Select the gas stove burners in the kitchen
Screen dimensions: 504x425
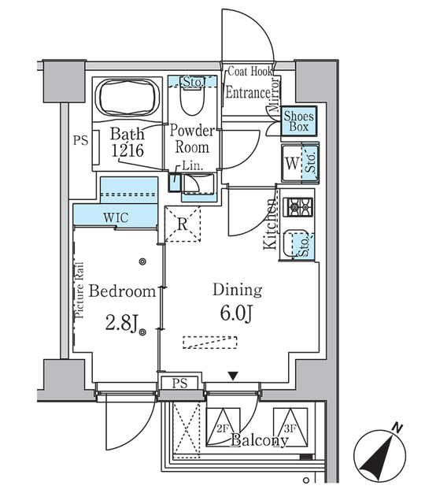click(x=300, y=208)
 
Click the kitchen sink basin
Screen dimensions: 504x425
click(x=295, y=243)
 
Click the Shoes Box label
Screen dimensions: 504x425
click(x=299, y=122)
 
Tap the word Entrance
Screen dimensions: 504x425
click(x=248, y=92)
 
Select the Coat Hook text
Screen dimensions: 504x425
click(x=249, y=72)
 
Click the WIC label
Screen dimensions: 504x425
click(x=115, y=217)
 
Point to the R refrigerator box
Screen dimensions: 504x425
click(x=183, y=224)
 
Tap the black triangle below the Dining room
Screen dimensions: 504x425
click(x=231, y=376)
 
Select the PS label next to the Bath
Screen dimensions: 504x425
click(x=79, y=142)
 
